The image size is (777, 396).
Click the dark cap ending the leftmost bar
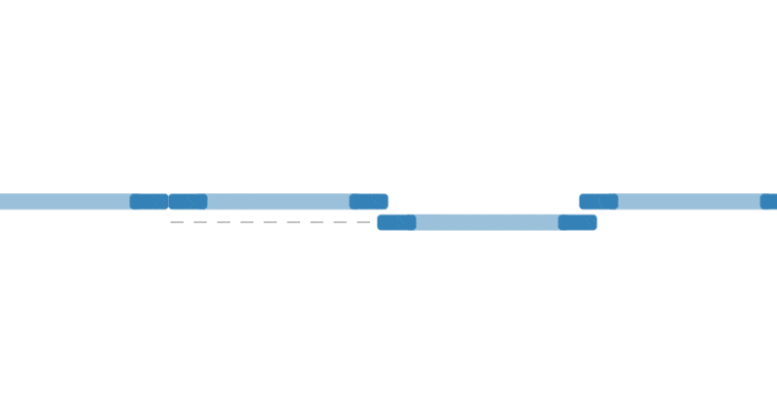click(149, 202)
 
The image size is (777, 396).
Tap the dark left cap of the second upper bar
click(187, 202)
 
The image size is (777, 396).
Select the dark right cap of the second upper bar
click(368, 202)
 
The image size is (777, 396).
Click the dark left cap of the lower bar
click(396, 222)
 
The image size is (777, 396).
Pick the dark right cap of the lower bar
click(577, 222)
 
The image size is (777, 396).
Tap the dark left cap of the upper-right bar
click(598, 202)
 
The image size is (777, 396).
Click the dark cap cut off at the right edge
click(768, 202)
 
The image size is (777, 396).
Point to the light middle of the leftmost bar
click(64, 202)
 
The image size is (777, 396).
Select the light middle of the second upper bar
click(278, 202)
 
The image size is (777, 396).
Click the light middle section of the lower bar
click(487, 222)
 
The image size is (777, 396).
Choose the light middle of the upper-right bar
click(689, 202)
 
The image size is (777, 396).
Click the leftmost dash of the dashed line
click(177, 222)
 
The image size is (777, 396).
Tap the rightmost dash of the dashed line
click(363, 222)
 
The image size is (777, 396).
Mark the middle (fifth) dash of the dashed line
click(270, 222)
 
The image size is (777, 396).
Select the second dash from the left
click(200, 222)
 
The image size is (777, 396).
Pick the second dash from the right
click(340, 222)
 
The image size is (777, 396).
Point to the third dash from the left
click(223, 222)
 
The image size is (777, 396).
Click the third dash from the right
click(317, 222)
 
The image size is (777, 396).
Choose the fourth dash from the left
click(247, 222)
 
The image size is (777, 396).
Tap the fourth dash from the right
click(293, 222)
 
